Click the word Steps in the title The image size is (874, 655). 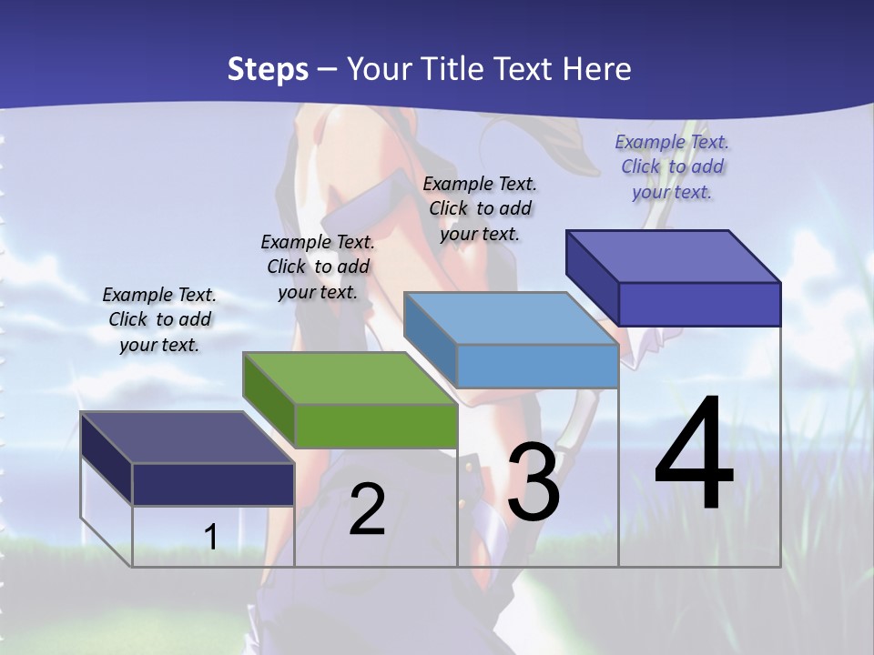point(268,69)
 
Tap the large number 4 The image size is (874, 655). point(694,455)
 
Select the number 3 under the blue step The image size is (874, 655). point(534,482)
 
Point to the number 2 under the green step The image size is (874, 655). point(367,509)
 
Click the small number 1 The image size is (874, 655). point(210,537)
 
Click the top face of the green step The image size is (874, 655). point(350,378)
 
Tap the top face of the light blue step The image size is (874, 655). point(512,318)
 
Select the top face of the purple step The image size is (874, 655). point(674,257)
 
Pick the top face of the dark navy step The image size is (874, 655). point(187,438)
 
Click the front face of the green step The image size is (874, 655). point(376,426)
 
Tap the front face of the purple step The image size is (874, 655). point(699,304)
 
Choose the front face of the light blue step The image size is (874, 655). point(537,366)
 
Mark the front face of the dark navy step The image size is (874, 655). point(213,484)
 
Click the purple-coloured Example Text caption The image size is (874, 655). point(672,166)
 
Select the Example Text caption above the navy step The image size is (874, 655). point(159,319)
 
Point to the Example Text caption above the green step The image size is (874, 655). point(318,267)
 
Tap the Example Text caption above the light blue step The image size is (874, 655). point(480,208)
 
